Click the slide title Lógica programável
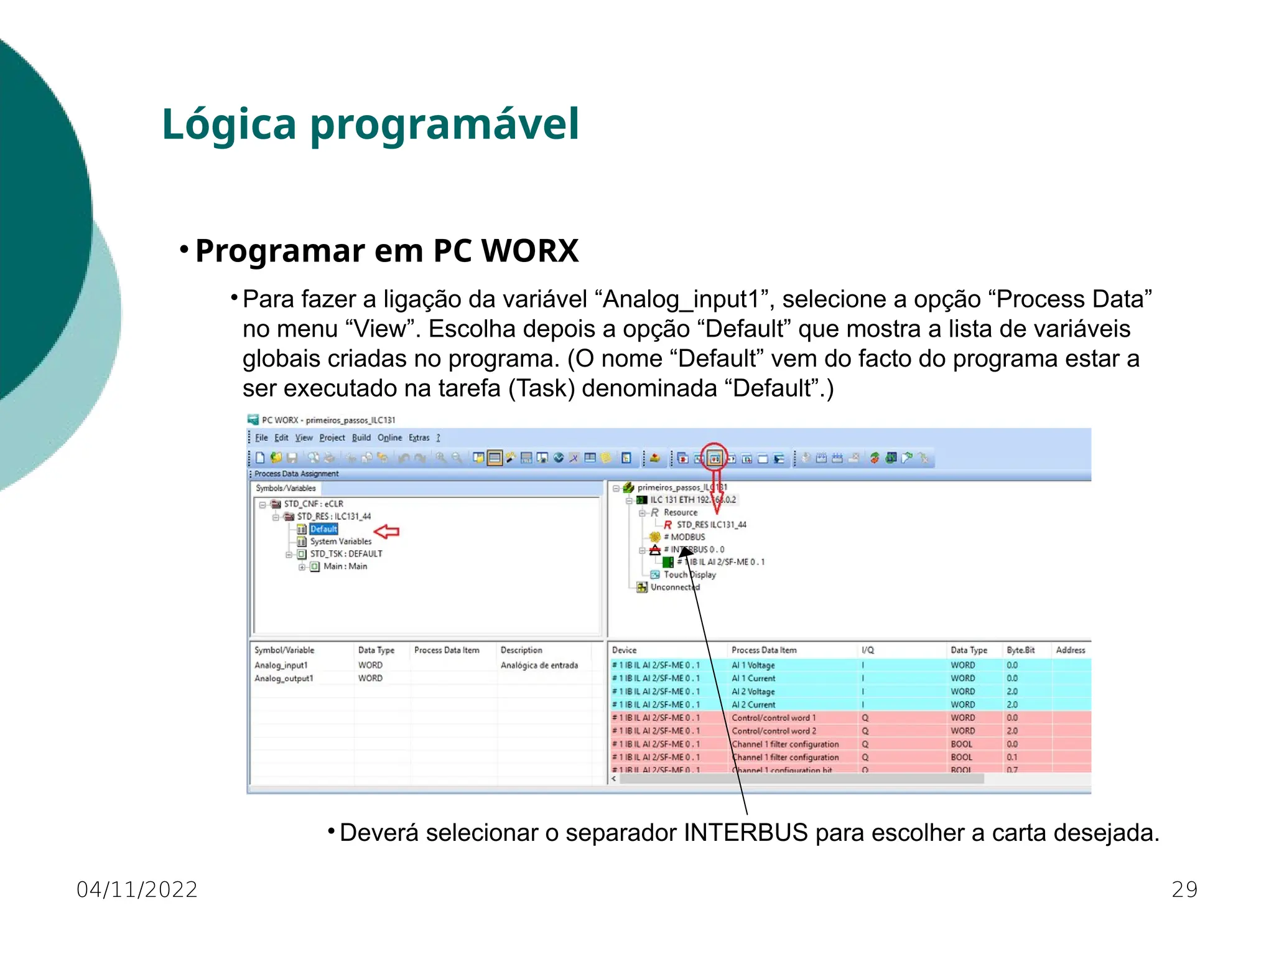coord(370,124)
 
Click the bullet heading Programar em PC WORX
coord(386,251)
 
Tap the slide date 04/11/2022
coord(137,889)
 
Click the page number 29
coord(1184,889)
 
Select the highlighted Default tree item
coord(323,529)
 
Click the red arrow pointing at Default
coord(387,531)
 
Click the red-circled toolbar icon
coord(715,459)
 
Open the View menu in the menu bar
coord(304,438)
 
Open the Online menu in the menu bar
coord(389,438)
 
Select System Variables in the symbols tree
coord(340,541)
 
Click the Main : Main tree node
coord(345,566)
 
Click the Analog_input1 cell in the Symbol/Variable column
coord(281,665)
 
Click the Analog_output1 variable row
coord(284,678)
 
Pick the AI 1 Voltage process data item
coord(753,665)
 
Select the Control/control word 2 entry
coord(773,731)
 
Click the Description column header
coord(521,650)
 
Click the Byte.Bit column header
coord(1020,650)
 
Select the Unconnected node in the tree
coord(674,587)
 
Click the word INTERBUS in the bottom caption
coord(745,833)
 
